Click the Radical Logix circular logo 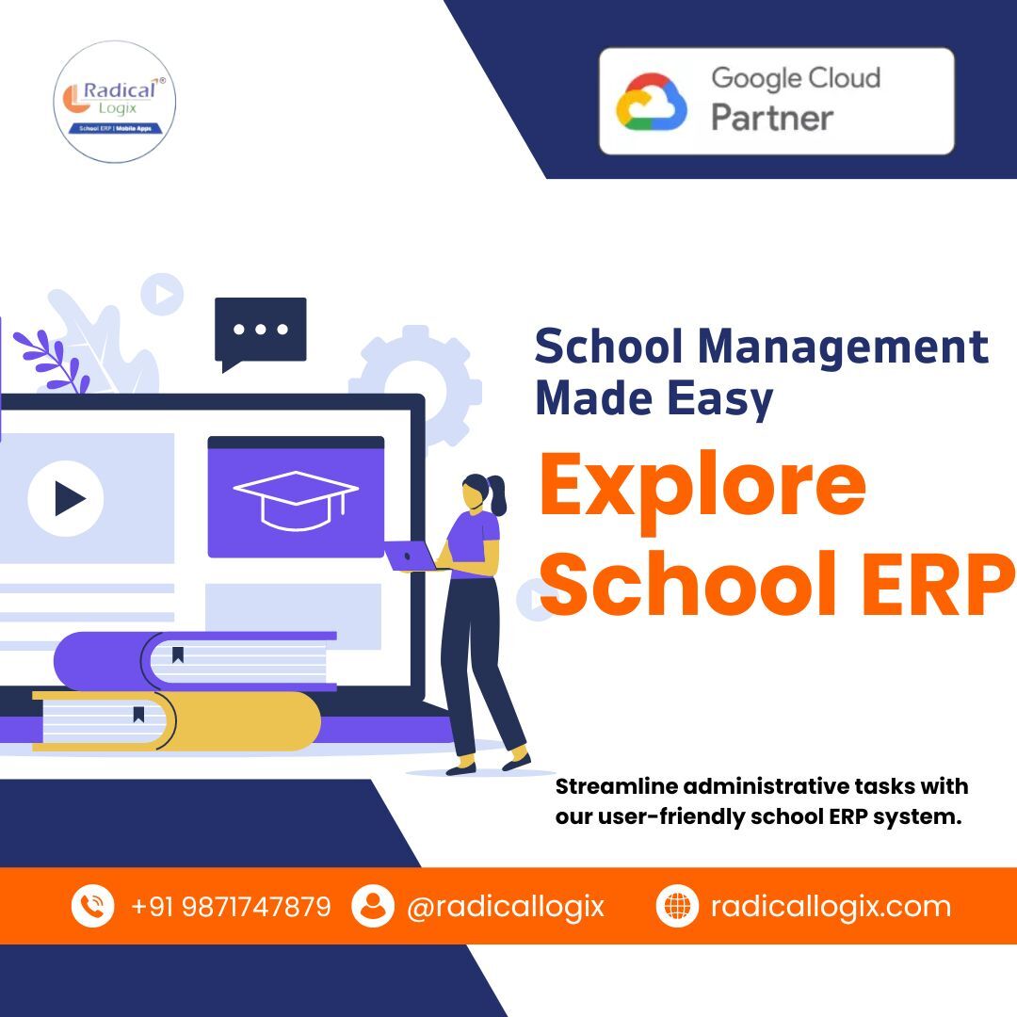tap(115, 102)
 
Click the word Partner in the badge tap(772, 118)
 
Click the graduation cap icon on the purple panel tap(296, 499)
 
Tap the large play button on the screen tap(66, 498)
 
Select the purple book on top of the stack tap(195, 661)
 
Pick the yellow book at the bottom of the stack tap(176, 720)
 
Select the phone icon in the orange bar tap(92, 906)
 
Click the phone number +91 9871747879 tap(231, 906)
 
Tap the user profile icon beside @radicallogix tap(373, 906)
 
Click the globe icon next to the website tap(677, 906)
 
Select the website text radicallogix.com tap(831, 907)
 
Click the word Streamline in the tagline tap(616, 786)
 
